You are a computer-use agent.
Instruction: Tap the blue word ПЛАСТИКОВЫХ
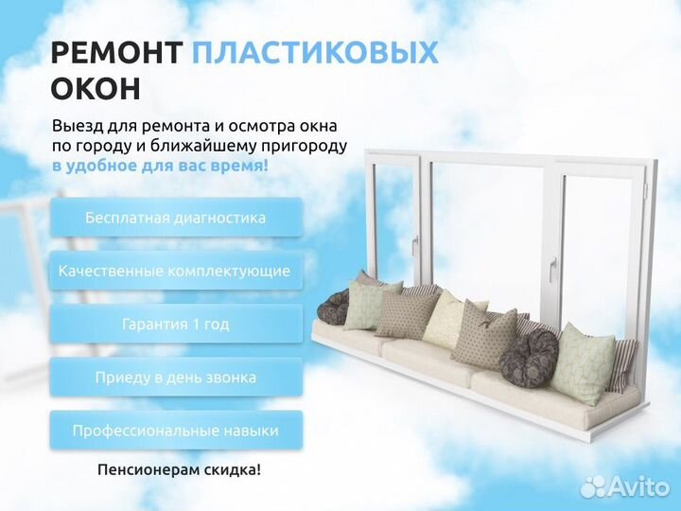(x=314, y=53)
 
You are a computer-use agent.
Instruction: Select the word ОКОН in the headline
(x=96, y=88)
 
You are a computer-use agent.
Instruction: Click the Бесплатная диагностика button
(x=176, y=218)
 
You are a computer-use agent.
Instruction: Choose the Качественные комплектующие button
(x=176, y=271)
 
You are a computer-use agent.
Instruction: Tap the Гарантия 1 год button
(x=176, y=324)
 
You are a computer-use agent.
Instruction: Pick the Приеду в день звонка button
(x=176, y=377)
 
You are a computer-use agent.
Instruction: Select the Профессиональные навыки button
(x=176, y=431)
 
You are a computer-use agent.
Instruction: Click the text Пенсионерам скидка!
(x=179, y=469)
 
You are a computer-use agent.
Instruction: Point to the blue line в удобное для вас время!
(x=160, y=166)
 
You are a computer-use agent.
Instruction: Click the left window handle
(x=414, y=243)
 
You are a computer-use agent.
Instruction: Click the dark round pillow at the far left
(x=333, y=308)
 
